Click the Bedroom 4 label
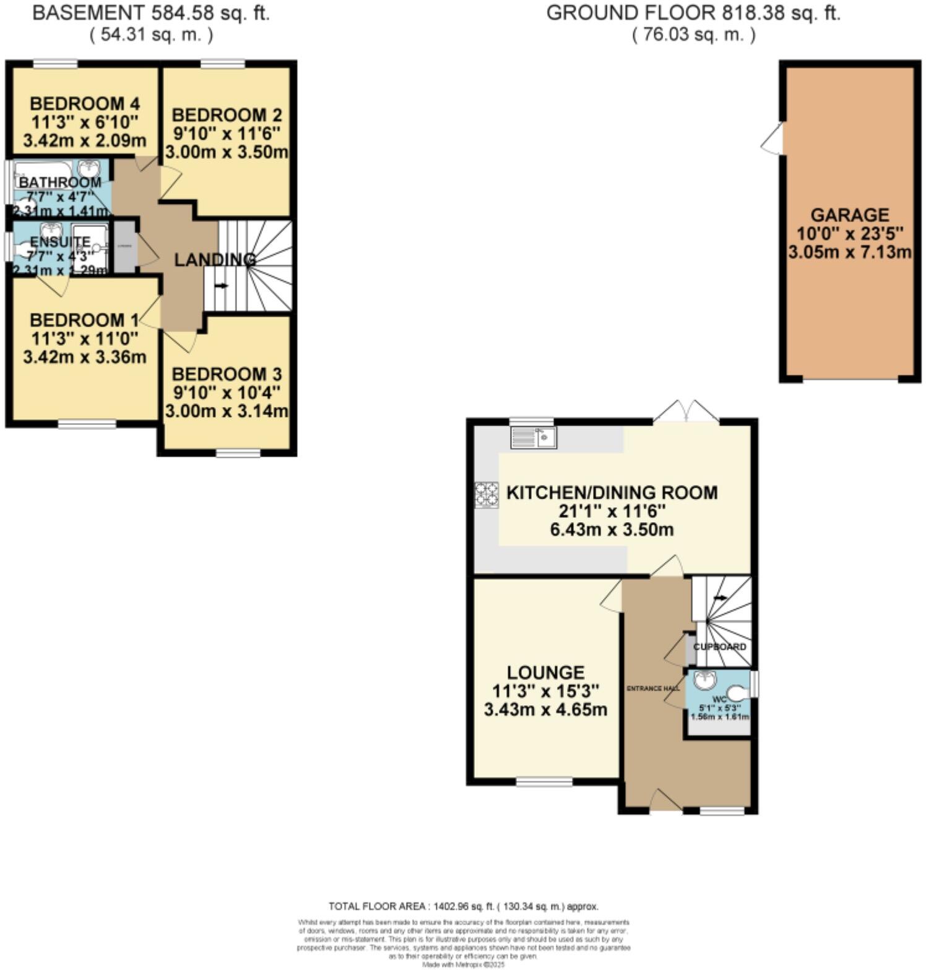[85, 103]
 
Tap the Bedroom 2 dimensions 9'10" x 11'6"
[227, 133]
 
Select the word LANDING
[215, 260]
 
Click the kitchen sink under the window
[533, 438]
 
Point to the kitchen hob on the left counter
[486, 495]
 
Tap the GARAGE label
[850, 215]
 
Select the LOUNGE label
[545, 672]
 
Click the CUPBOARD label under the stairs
[719, 646]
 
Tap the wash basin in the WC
[703, 680]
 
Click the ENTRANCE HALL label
[653, 689]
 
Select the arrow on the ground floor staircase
[720, 598]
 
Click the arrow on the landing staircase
[220, 286]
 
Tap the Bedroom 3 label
[227, 374]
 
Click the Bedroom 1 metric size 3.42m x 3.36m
[85, 357]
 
